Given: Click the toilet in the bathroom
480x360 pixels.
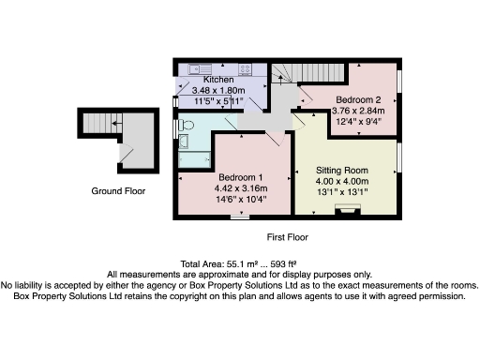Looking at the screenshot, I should (186, 124).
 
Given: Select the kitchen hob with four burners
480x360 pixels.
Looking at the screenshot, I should (245, 68).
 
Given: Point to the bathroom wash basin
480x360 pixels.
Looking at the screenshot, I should (185, 142).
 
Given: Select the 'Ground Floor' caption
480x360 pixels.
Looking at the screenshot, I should (118, 191).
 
